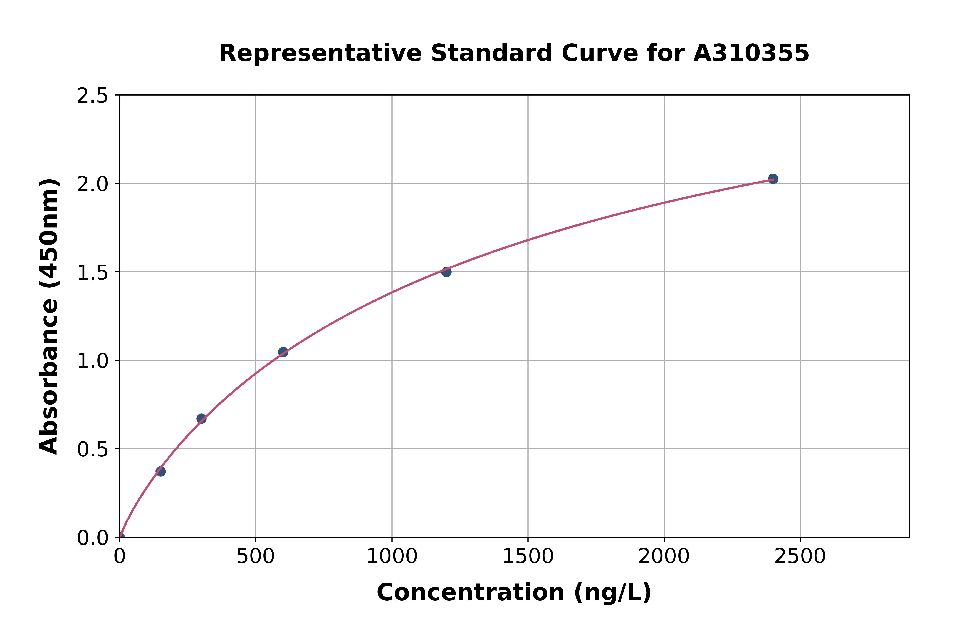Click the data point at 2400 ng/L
[773, 179]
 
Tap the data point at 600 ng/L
[283, 352]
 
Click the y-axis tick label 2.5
[93, 96]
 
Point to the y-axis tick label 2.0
[93, 184]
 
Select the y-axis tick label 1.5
[93, 273]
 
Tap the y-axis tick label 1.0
[93, 361]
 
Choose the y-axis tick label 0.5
[93, 449]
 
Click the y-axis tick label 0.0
[93, 538]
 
